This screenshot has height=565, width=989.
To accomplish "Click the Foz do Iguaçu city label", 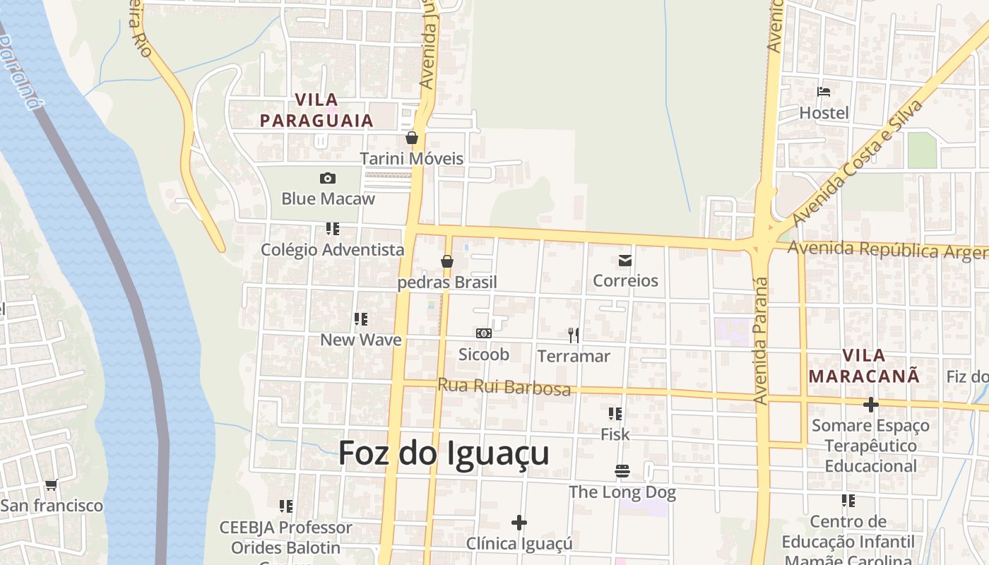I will point(444,453).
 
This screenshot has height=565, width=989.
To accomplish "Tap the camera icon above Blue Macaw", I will point(328,179).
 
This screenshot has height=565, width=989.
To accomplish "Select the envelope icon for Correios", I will point(625,261).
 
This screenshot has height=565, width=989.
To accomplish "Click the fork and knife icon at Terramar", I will point(574,335).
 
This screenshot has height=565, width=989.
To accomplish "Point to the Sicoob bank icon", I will point(484,333).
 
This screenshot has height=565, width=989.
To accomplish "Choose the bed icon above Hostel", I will point(824,92).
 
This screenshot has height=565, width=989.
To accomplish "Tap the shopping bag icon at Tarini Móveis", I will point(412,138).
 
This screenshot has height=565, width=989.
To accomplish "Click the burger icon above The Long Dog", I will point(622,471).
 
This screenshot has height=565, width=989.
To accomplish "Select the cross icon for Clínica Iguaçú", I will point(519,523).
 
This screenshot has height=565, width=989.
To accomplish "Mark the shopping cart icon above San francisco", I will point(51,485).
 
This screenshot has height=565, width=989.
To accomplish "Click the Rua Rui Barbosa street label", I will point(504,387).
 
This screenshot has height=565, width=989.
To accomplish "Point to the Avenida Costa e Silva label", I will point(858,163).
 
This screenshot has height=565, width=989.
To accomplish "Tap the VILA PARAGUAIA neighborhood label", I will point(316,110).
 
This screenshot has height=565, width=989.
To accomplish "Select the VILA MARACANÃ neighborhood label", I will point(865,366).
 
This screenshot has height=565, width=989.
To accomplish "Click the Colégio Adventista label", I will point(333,249).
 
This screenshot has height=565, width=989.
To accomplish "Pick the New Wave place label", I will point(361,340).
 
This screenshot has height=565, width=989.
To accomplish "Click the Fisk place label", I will point(615,434).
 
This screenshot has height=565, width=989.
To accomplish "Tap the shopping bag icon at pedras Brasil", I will point(447,262).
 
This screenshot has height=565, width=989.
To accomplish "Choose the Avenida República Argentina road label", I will point(887,249).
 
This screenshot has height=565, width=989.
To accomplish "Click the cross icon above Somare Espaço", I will point(871,405).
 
